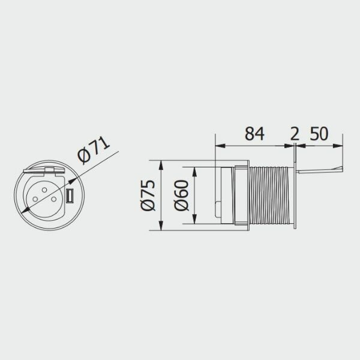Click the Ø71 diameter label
click(94, 150)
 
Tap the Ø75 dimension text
click(148, 196)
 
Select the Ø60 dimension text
click(181, 196)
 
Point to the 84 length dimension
click(254, 134)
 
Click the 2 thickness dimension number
click(295, 134)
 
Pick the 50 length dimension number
click(319, 134)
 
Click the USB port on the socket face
click(70, 196)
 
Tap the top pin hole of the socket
click(44, 190)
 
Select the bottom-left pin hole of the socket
click(35, 199)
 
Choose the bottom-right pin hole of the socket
click(54, 199)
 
